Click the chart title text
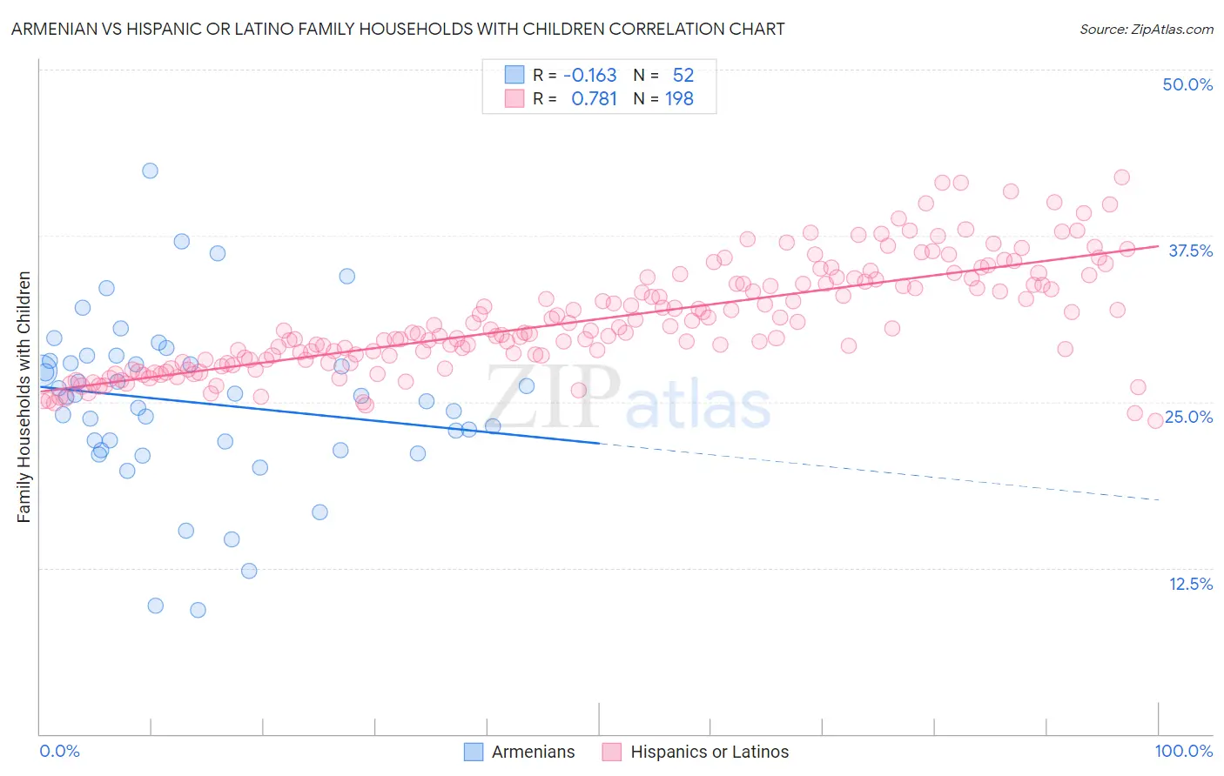coord(398,29)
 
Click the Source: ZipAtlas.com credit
coord(1146,29)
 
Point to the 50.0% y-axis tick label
coord(1187,84)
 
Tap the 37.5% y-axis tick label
coord(1190,251)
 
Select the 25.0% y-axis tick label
coord(1189,417)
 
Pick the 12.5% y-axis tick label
coord(1190,584)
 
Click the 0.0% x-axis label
coord(59,751)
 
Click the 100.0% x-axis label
coord(1184,751)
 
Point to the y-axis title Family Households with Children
coord(24,397)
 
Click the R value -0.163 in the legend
coord(589,76)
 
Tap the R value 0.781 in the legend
coord(594,99)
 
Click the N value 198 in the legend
coord(679,99)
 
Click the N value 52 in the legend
coord(683,76)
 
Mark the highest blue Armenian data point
coord(150,171)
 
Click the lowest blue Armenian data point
coord(198,610)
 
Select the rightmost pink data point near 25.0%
coord(1155,420)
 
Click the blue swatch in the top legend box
coord(514,75)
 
